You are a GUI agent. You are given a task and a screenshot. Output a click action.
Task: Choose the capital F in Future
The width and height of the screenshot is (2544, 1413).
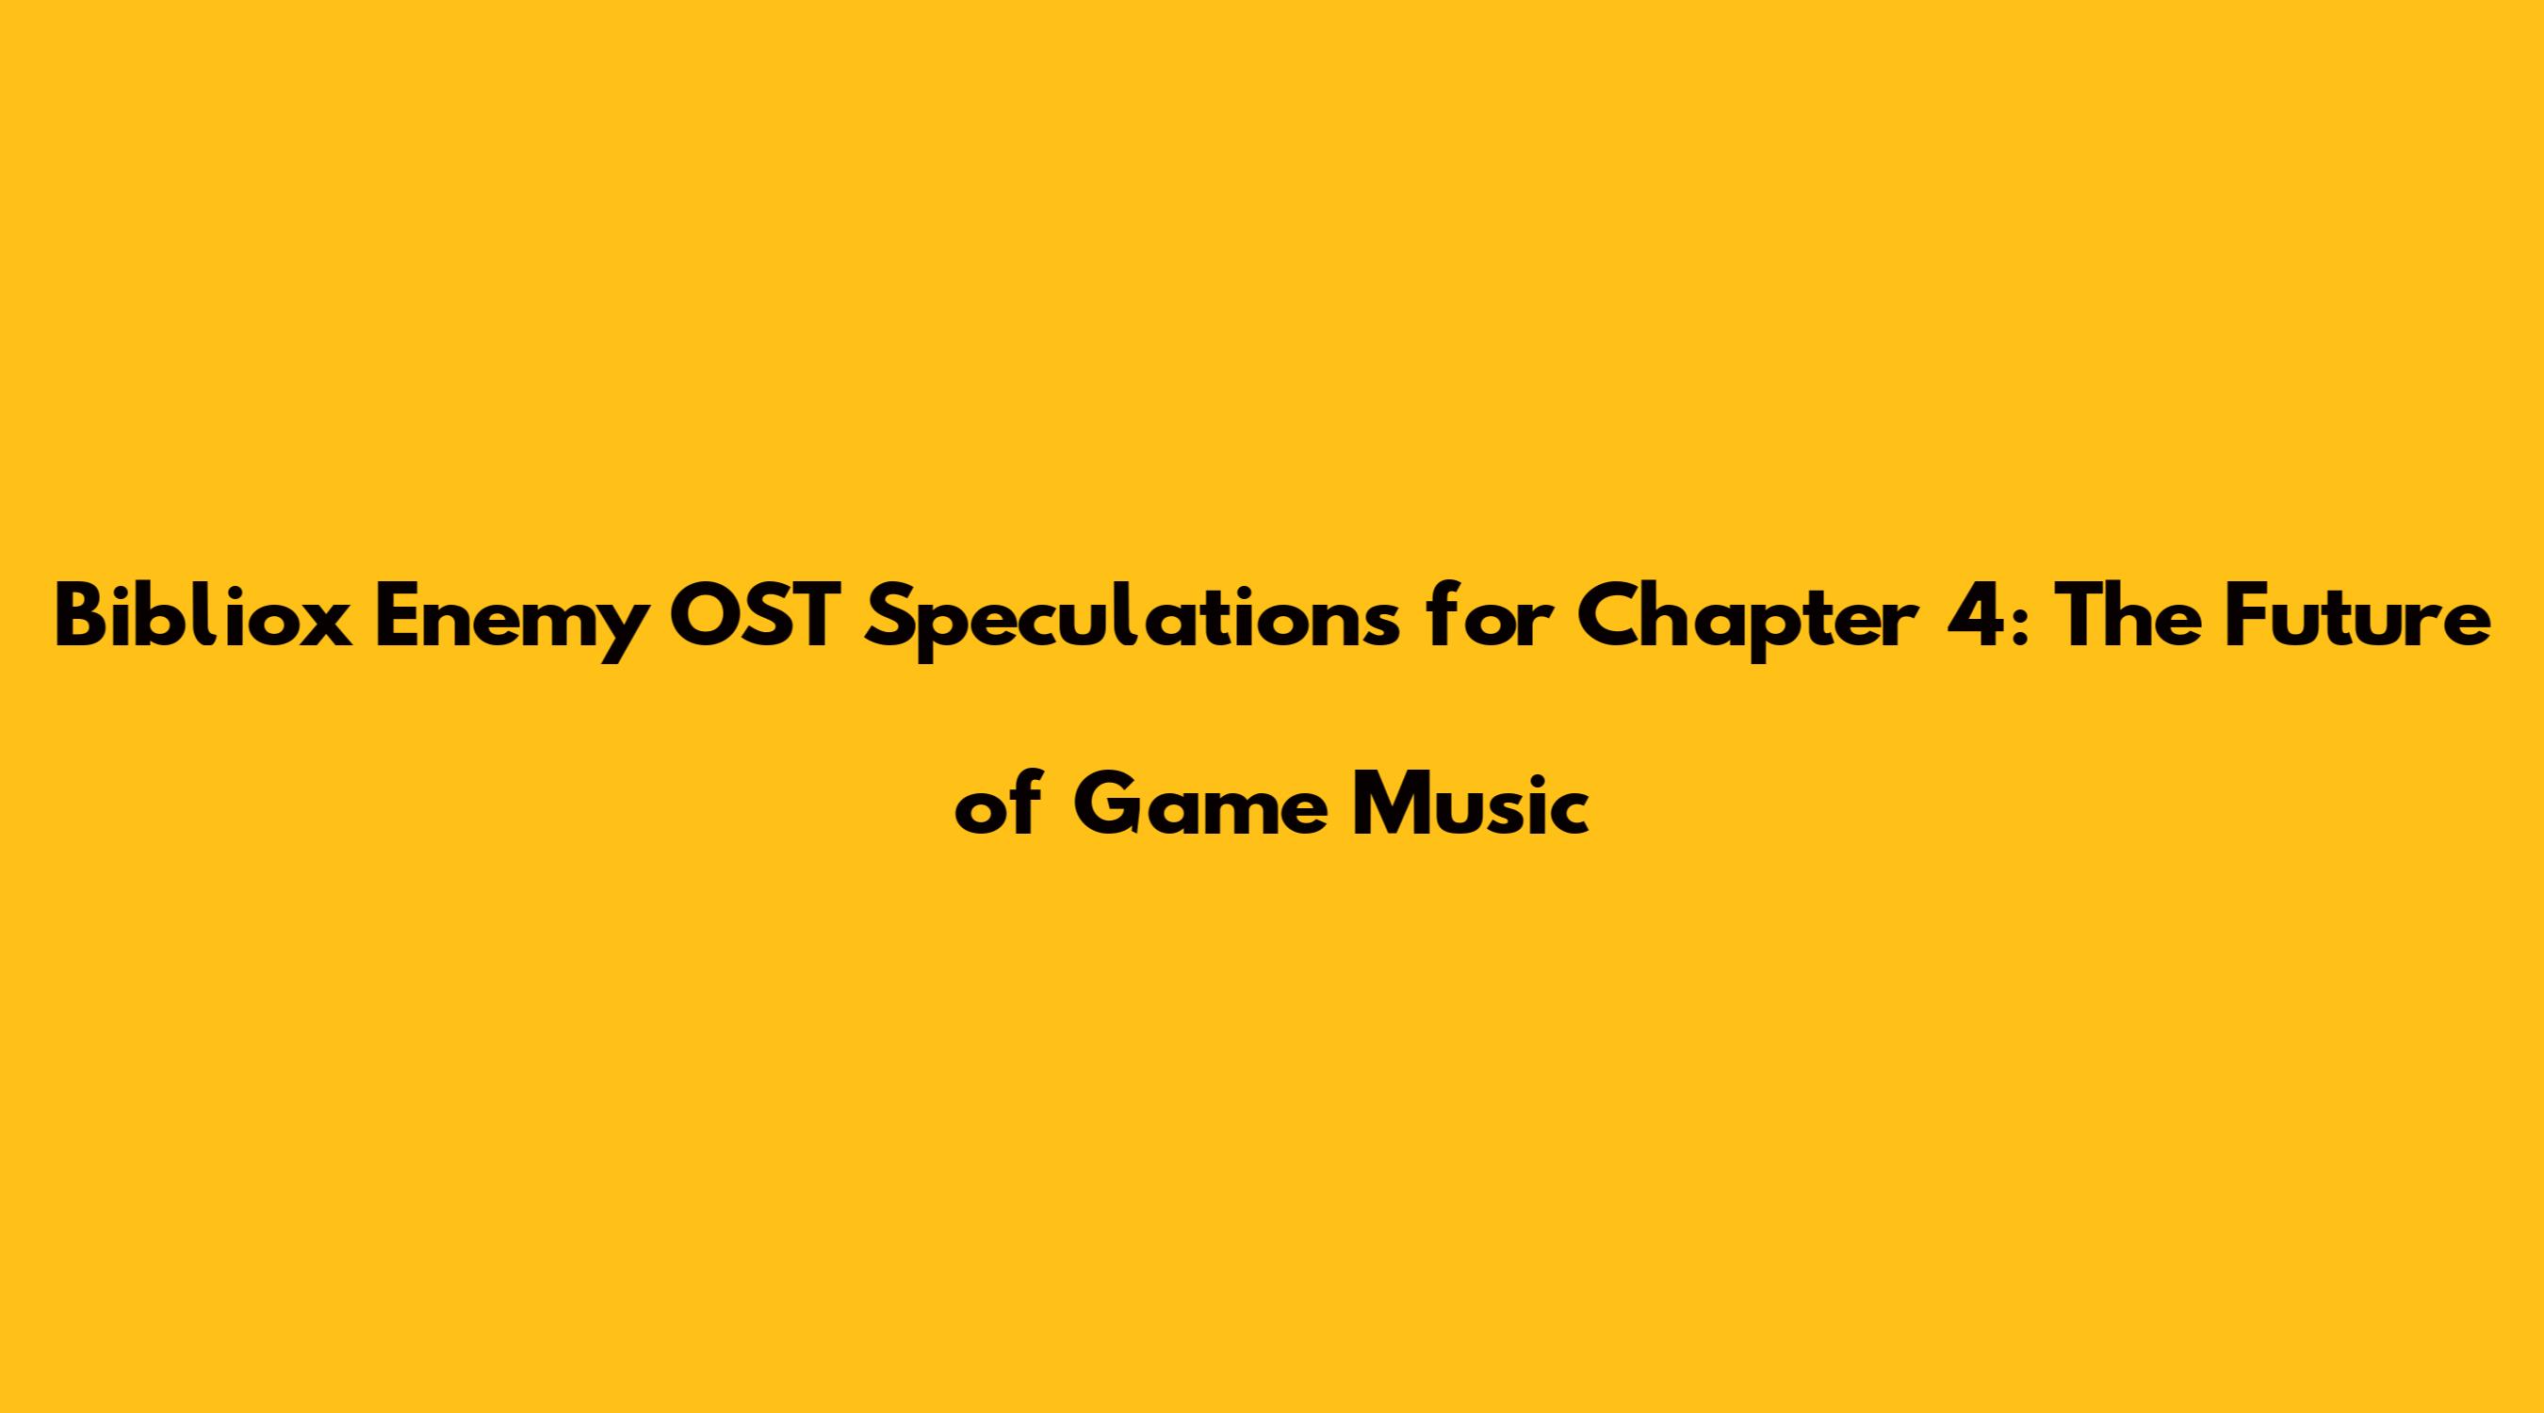coord(2233,616)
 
